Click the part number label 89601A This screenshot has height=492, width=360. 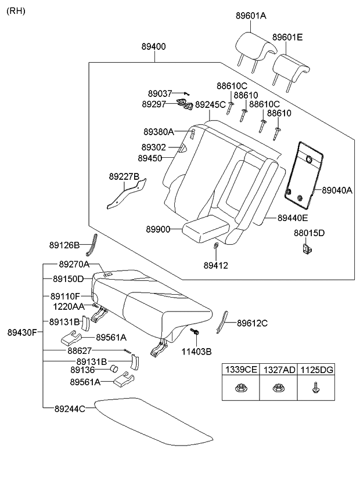(251, 16)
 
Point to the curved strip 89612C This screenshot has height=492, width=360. (222, 323)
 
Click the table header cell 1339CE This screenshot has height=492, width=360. (241, 370)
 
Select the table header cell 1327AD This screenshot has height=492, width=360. (278, 370)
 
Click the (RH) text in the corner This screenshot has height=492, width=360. (16, 11)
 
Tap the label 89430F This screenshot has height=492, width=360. (22, 332)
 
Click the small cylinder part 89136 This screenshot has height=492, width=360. (114, 370)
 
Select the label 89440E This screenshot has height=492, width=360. (293, 218)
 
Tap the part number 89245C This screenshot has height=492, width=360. (210, 105)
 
